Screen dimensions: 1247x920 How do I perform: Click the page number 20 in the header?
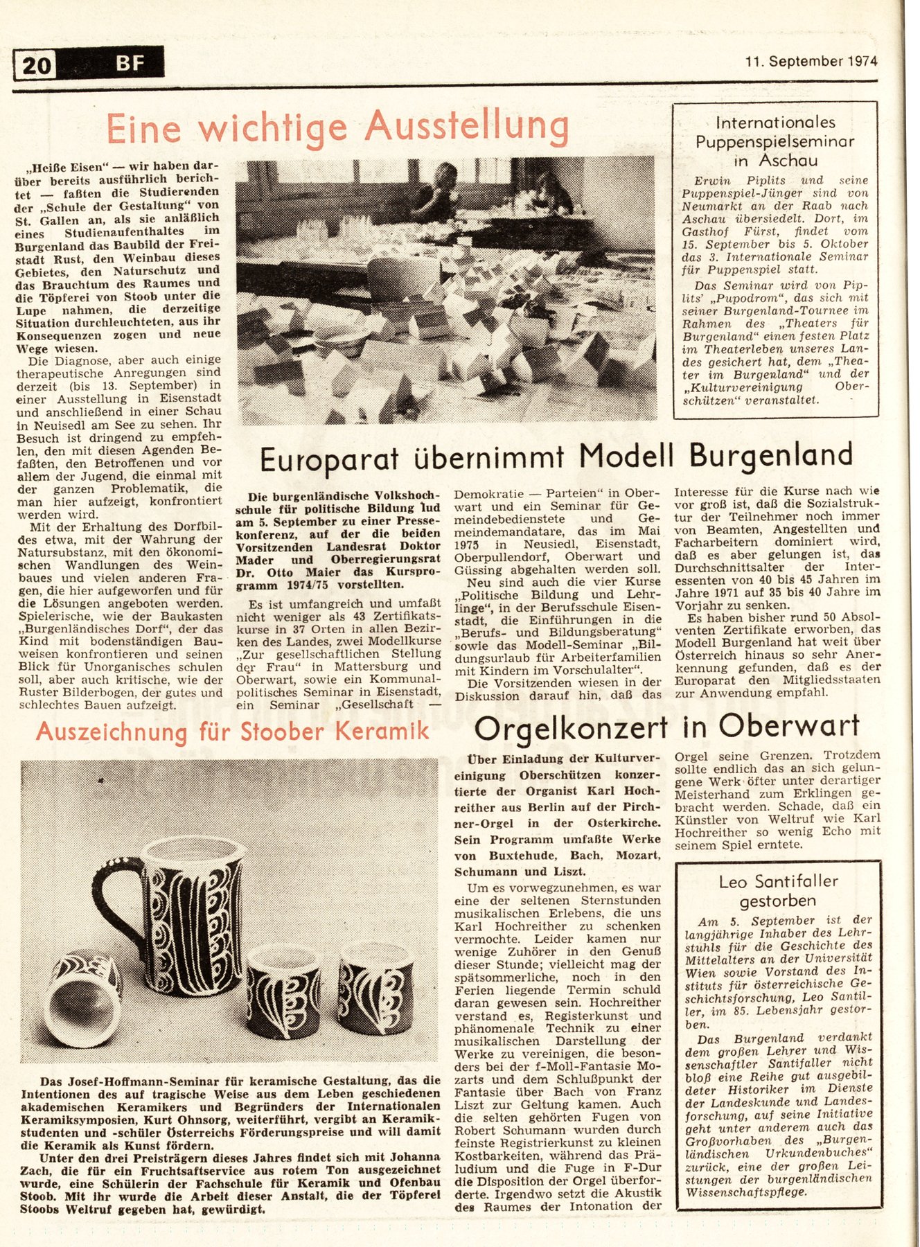(x=36, y=65)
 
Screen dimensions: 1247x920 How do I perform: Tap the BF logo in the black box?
(x=130, y=64)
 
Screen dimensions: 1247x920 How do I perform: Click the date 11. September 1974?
(x=811, y=61)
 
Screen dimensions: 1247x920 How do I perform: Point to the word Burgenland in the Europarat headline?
(x=770, y=455)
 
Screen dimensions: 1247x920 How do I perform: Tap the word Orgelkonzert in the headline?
(x=571, y=727)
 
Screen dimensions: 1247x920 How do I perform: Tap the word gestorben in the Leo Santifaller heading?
(x=777, y=901)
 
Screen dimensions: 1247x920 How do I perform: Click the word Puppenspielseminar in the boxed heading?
(x=775, y=141)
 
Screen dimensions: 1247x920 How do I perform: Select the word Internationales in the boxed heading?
(x=775, y=123)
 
